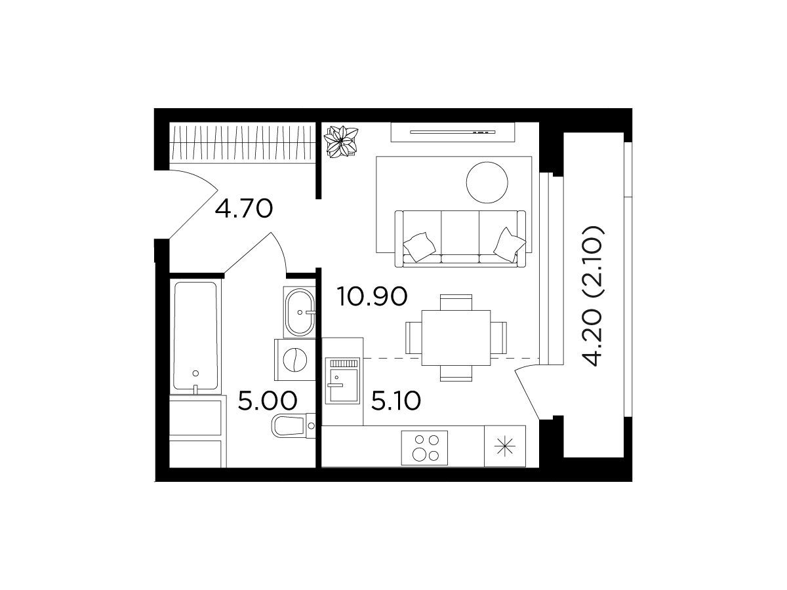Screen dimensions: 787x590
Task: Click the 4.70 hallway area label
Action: (x=244, y=209)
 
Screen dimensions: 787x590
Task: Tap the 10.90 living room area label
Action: (x=372, y=296)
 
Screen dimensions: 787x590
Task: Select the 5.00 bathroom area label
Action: (x=268, y=401)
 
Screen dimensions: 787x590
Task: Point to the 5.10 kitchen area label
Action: (x=396, y=401)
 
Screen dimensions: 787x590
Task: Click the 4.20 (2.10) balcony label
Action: (x=594, y=296)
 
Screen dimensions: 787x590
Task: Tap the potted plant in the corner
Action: (x=340, y=141)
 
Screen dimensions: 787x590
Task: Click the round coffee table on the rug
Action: (x=487, y=182)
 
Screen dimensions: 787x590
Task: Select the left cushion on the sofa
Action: (x=419, y=246)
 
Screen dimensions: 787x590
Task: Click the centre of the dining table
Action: (x=456, y=338)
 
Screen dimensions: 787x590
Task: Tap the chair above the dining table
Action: (x=456, y=302)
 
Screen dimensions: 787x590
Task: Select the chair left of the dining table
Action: (x=413, y=338)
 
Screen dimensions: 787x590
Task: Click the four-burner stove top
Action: (x=424, y=448)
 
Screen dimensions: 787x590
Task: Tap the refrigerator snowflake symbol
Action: (x=504, y=446)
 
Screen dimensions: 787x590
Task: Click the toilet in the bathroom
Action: (x=293, y=426)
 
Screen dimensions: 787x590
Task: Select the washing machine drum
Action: (x=294, y=360)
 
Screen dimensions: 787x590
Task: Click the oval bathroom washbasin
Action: (x=299, y=313)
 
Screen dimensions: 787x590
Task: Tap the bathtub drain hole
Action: (x=195, y=373)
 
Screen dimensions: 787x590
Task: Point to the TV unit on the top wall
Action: (x=453, y=132)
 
